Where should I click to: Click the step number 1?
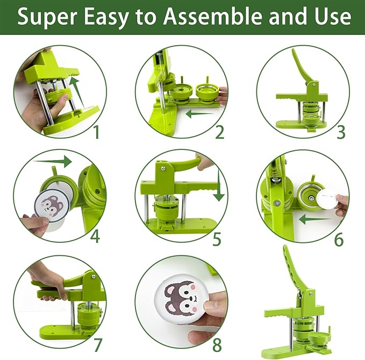point(96,131)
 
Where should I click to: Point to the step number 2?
point(219,131)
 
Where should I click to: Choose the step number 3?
point(340,132)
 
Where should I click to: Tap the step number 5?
point(217,239)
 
